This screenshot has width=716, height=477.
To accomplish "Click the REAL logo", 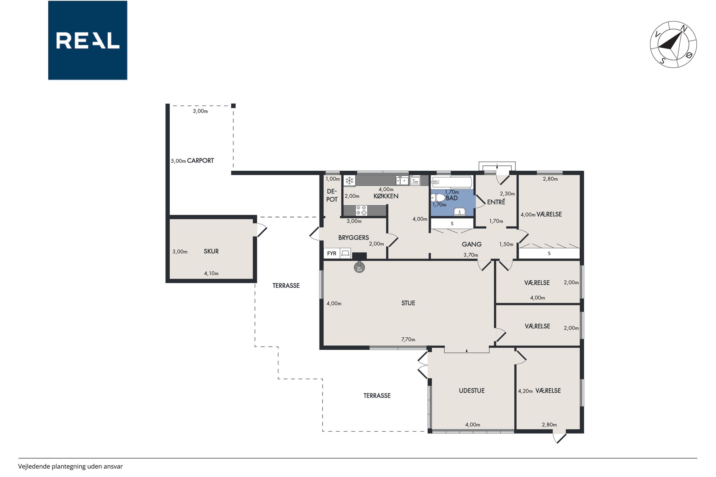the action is (88, 40).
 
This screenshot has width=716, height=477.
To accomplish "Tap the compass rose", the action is (673, 44).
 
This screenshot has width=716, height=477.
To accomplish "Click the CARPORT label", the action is (200, 161).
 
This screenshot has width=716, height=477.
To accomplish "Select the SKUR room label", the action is (211, 251).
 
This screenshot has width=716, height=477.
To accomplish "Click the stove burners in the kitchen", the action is (361, 210).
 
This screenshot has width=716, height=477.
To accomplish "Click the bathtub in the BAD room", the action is (452, 182).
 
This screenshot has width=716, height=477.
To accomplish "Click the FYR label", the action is (332, 254).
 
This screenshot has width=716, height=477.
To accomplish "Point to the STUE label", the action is (408, 303).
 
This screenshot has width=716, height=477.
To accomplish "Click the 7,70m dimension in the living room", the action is (408, 339).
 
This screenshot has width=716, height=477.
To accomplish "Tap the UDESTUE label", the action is (472, 391).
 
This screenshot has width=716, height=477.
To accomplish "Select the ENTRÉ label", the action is (496, 202).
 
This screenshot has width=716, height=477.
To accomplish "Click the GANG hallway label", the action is (472, 244).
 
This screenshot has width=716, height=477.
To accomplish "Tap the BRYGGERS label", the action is (354, 238).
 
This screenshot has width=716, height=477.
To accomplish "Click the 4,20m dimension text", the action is (525, 391).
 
